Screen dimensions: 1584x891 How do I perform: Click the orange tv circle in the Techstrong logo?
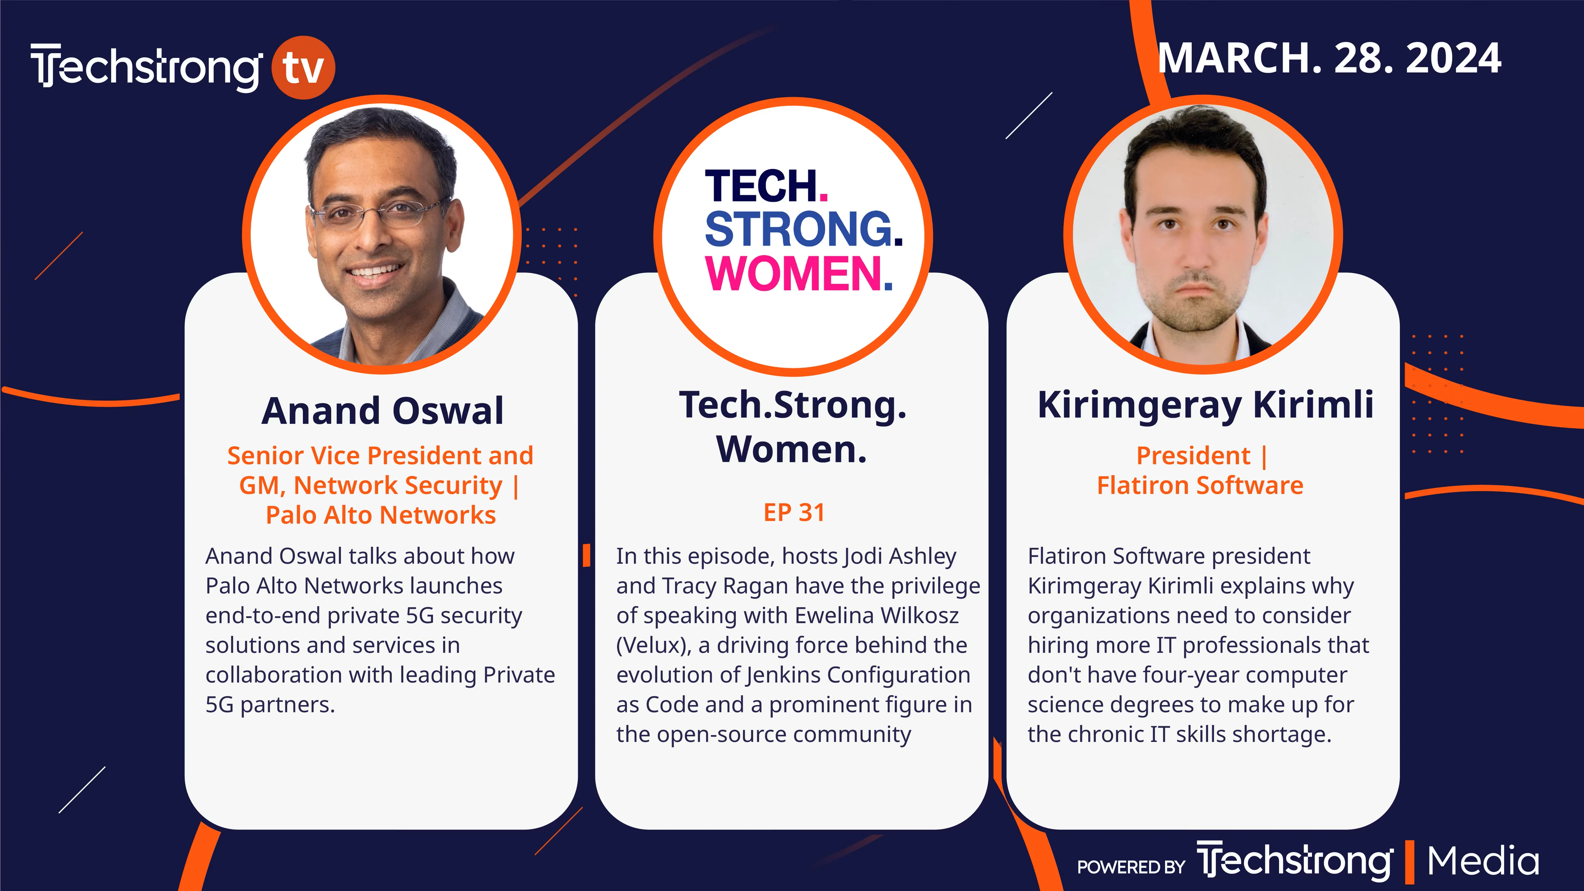303,68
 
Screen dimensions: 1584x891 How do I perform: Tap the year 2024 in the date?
1453,58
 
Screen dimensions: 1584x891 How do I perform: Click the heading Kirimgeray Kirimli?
1205,406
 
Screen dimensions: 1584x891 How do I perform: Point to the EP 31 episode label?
794,512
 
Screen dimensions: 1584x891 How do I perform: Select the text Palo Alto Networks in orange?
381,515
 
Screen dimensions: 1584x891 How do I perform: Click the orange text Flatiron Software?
1200,485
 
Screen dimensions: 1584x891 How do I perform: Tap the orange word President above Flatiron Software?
1193,456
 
